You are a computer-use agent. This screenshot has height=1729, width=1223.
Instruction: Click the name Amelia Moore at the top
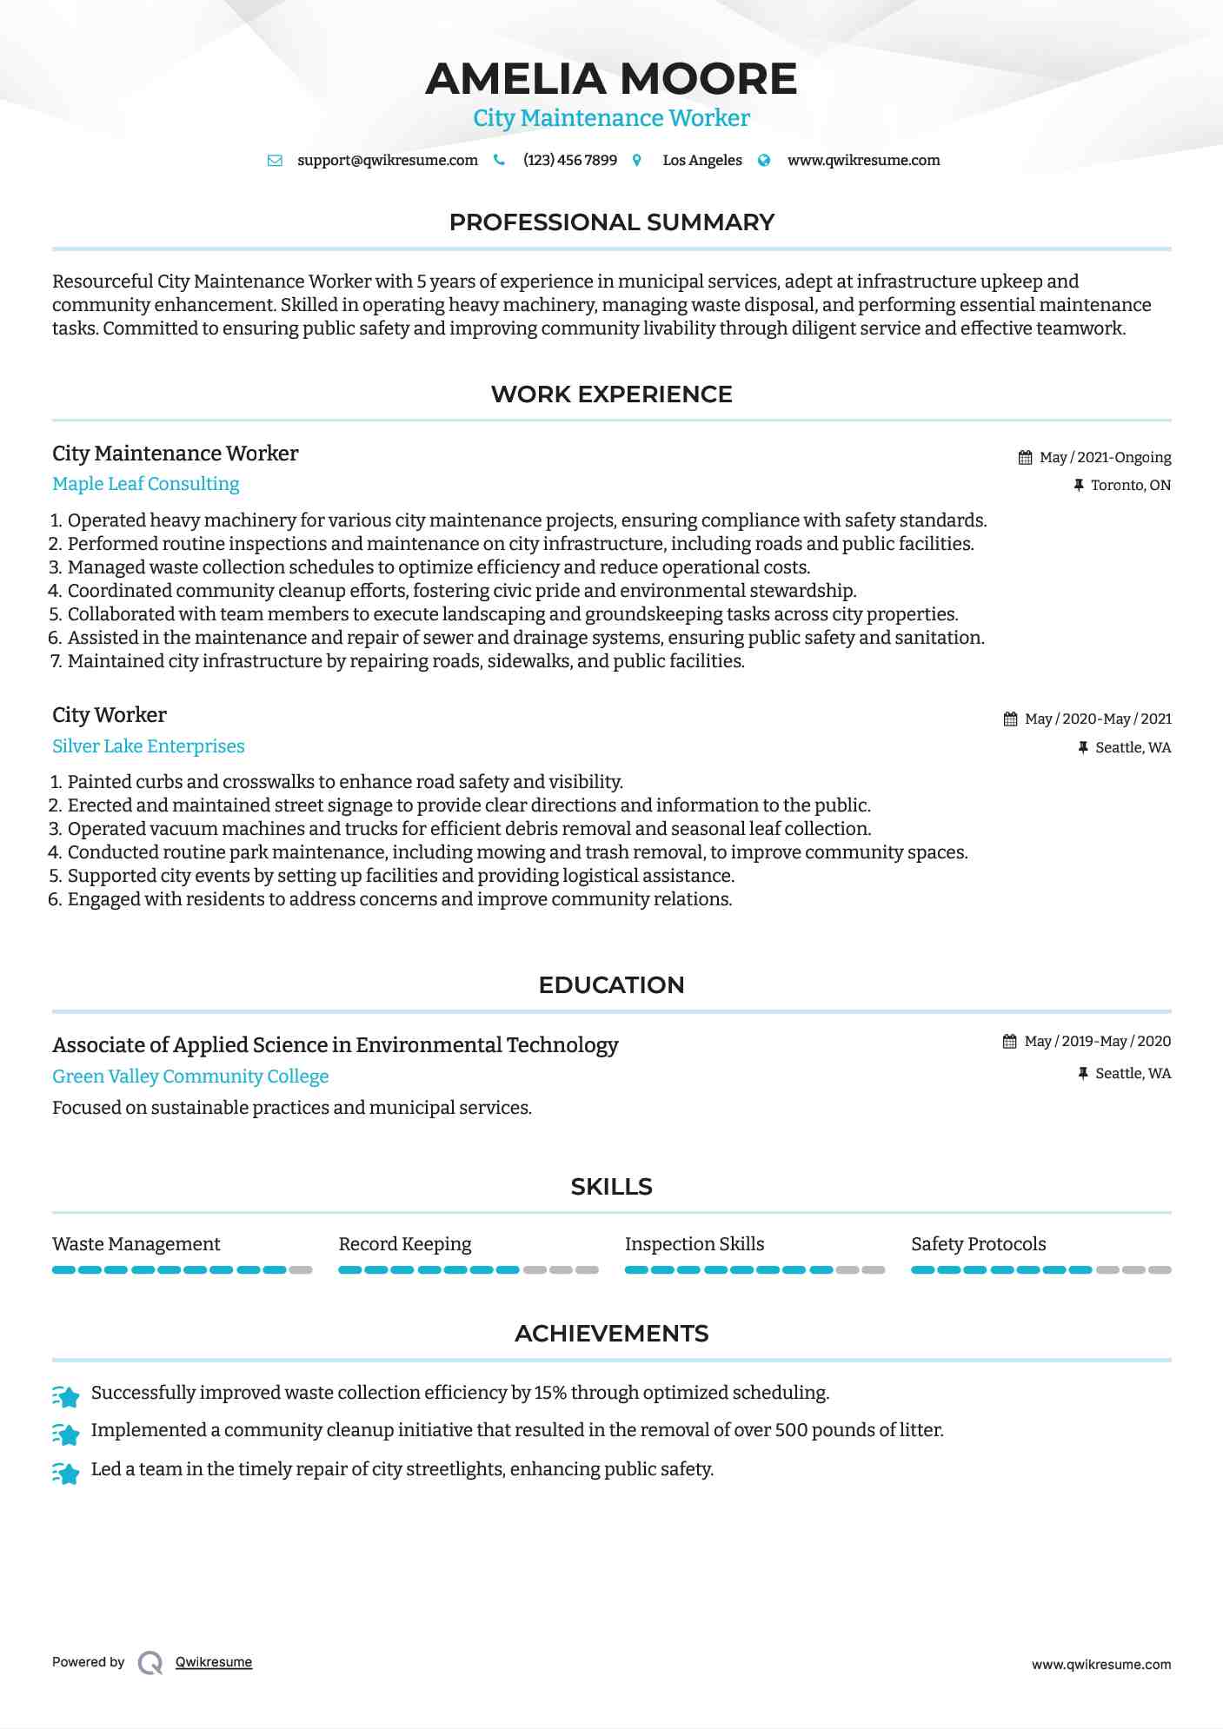[x=611, y=79]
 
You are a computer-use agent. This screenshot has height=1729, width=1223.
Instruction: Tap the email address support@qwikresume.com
[x=387, y=160]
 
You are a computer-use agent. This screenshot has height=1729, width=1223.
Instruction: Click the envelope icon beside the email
[x=275, y=160]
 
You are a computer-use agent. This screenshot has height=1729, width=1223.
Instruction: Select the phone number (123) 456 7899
[x=569, y=160]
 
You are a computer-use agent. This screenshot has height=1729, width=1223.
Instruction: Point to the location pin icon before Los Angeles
[x=637, y=160]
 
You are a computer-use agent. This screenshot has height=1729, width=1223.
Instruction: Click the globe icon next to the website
[x=764, y=160]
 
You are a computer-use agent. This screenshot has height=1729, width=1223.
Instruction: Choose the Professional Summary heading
[x=611, y=222]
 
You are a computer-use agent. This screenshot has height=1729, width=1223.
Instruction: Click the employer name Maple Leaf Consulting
[x=145, y=484]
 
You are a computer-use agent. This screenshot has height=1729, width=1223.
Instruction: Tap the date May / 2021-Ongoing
[x=1105, y=457]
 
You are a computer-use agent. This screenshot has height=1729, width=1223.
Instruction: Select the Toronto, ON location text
[x=1130, y=485]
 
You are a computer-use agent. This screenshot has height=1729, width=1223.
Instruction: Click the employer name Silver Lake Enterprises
[x=148, y=746]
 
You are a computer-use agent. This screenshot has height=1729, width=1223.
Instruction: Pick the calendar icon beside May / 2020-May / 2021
[x=1010, y=719]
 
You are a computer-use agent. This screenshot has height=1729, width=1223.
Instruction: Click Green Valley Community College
[x=190, y=1076]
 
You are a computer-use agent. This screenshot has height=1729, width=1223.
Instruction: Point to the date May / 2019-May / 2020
[x=1097, y=1041]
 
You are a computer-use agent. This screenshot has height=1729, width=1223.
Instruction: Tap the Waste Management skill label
[x=136, y=1244]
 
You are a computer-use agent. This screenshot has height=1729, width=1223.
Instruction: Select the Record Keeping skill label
[x=404, y=1244]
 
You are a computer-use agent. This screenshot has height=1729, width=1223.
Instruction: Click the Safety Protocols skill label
[x=978, y=1244]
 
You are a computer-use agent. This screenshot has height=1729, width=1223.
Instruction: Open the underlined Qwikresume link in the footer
[x=213, y=1662]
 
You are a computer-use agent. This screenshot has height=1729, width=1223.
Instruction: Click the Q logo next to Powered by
[x=150, y=1662]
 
